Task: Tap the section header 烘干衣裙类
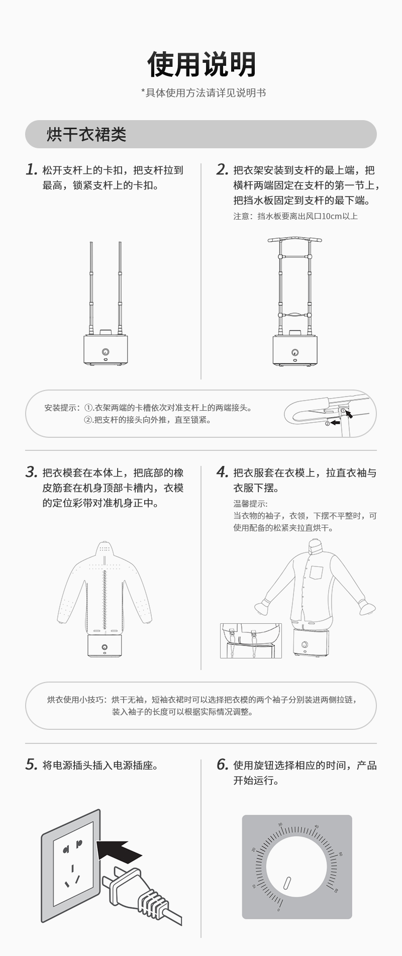[86, 134]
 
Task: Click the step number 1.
[32, 169]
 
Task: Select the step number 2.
[223, 169]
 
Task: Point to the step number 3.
[32, 472]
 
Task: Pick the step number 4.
[223, 472]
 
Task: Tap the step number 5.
[32, 764]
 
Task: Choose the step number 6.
[223, 764]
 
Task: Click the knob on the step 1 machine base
[106, 352]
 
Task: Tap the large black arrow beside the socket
[118, 850]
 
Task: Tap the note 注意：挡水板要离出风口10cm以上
[295, 216]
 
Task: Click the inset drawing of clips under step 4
[251, 641]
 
